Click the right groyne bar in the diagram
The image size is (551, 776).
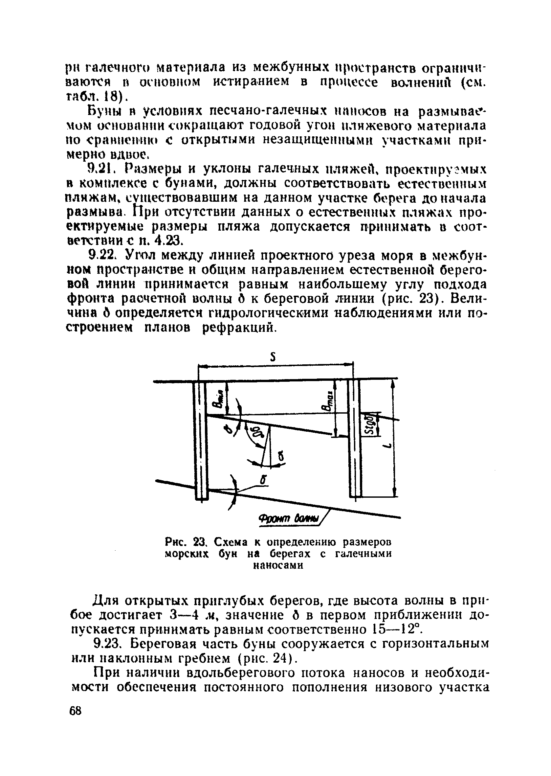[x=355, y=438]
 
